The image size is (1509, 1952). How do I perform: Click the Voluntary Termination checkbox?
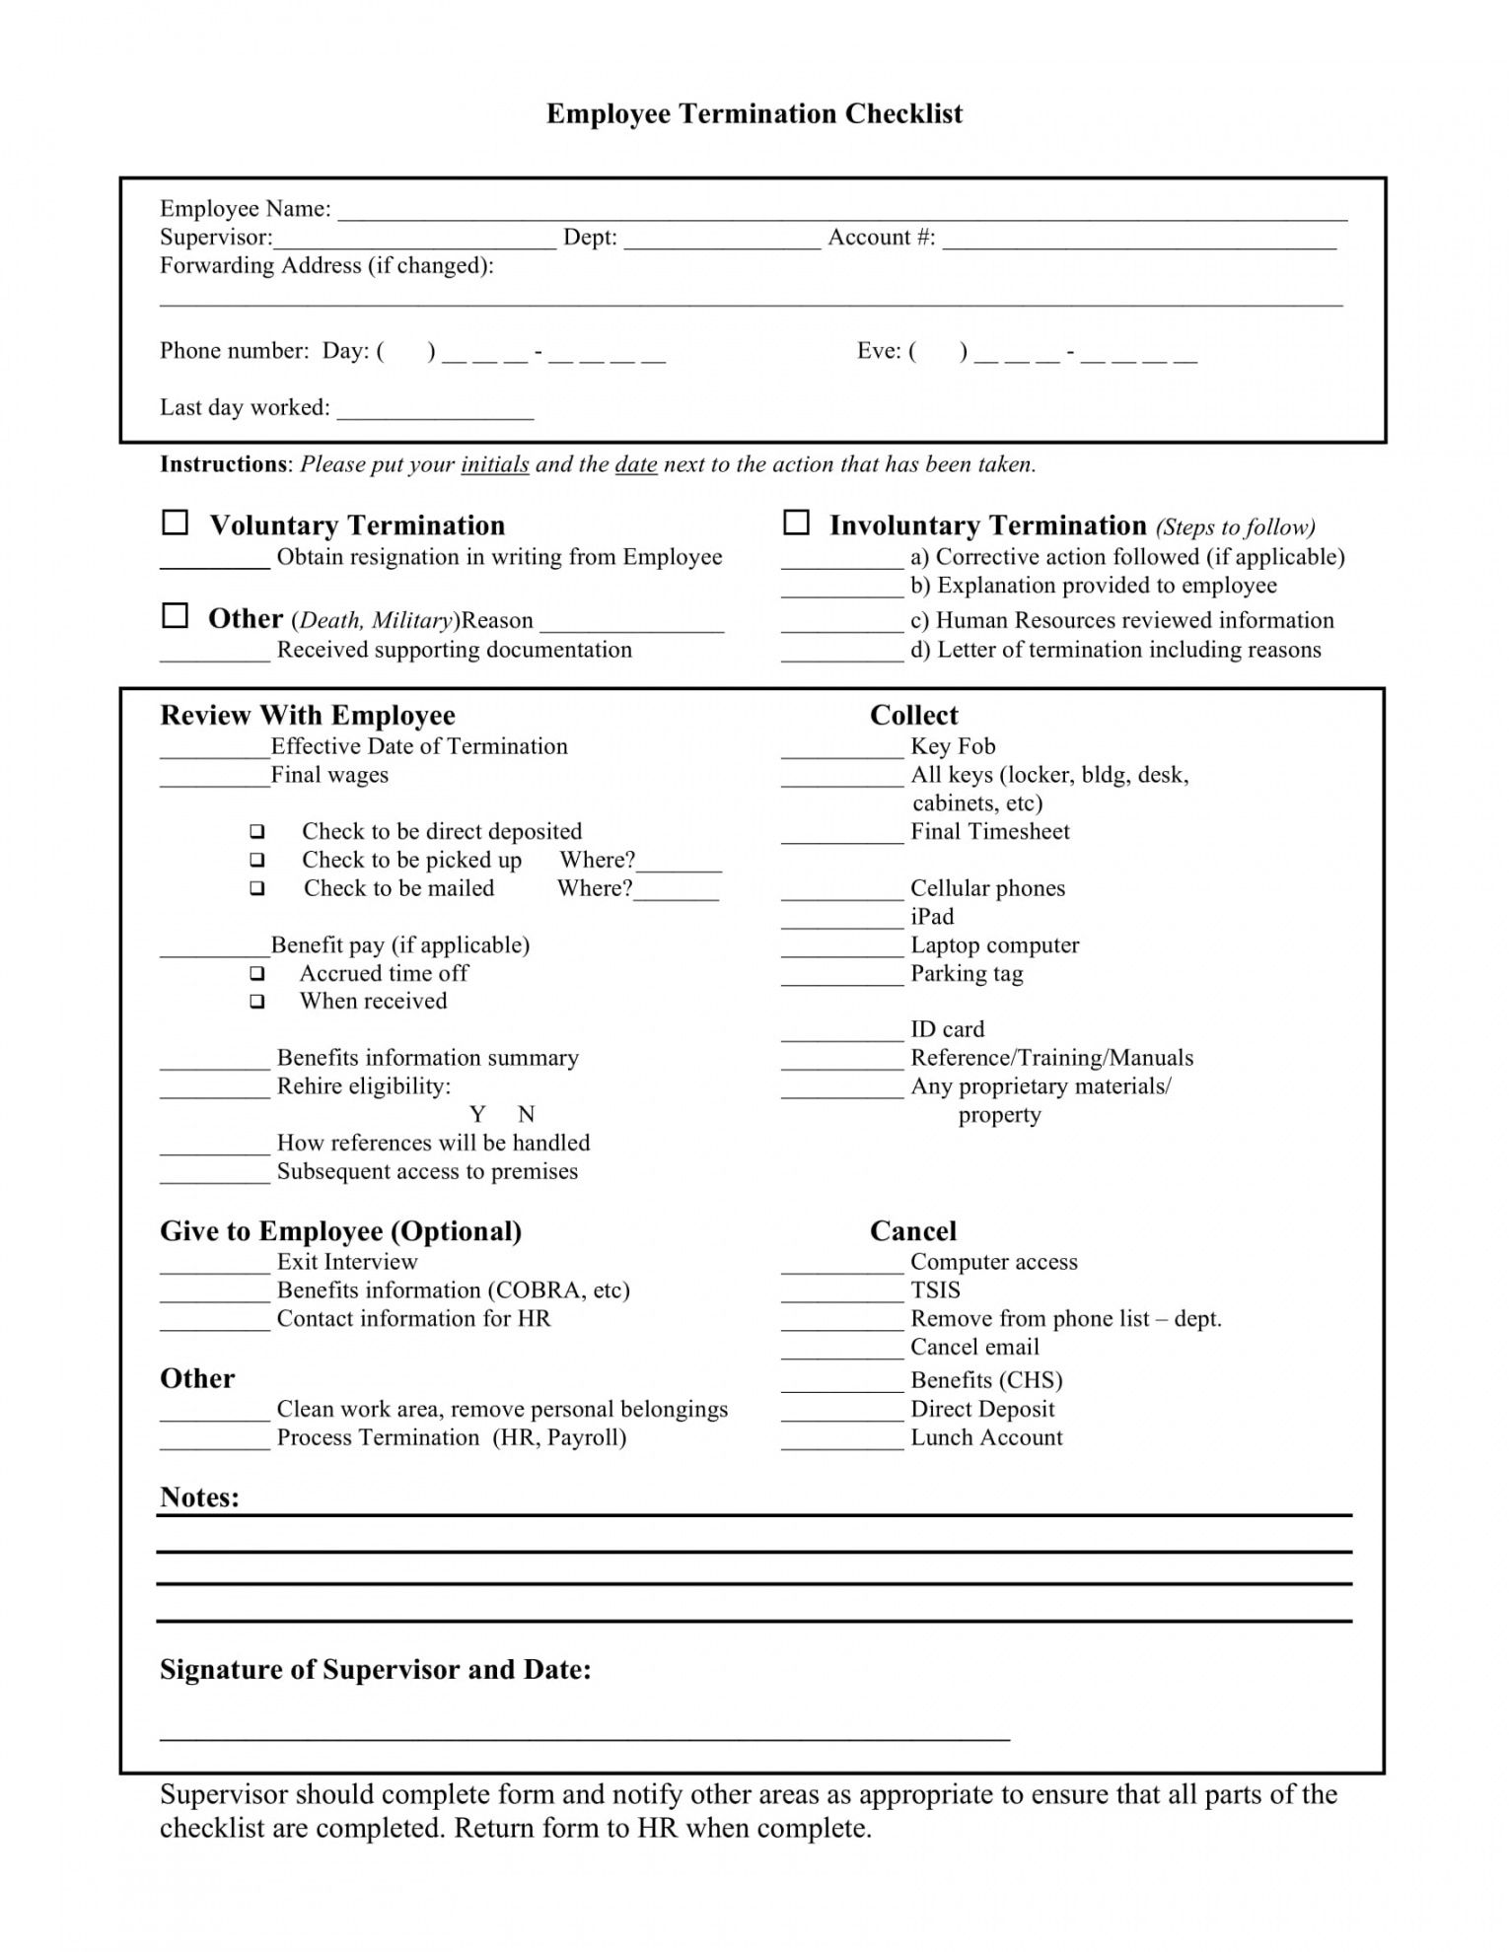coord(175,523)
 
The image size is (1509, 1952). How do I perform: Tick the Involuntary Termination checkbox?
coord(796,523)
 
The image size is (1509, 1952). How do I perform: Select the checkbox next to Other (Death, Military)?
coord(175,616)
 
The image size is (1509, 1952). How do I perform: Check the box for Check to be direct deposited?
coord(257,831)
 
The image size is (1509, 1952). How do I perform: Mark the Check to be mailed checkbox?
coord(257,888)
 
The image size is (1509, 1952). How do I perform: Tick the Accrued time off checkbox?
coord(257,973)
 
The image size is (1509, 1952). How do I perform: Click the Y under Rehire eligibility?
coord(478,1114)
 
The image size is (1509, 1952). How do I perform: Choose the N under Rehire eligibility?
coord(527,1114)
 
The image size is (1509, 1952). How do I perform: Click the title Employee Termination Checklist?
coord(754,114)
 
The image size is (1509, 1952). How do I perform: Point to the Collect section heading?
coord(913,715)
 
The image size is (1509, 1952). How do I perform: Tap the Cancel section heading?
coord(913,1230)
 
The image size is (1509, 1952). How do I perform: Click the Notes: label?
coord(199,1498)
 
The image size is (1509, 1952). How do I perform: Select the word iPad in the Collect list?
coord(932,917)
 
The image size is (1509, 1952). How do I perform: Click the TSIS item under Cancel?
coord(935,1290)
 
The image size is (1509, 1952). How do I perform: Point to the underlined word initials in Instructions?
coord(495,464)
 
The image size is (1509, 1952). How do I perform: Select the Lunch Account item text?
coord(986,1437)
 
